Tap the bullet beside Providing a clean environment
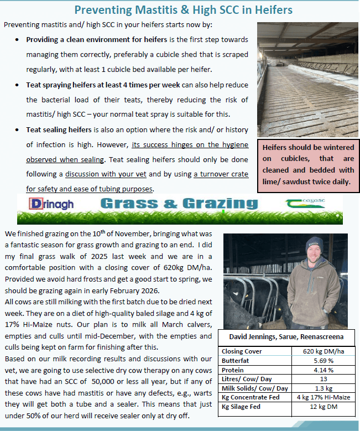[x=18, y=40]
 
